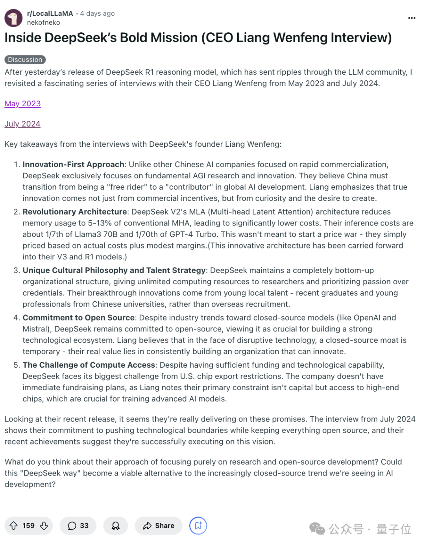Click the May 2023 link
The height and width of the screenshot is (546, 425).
point(23,104)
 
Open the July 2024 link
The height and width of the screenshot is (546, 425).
point(22,124)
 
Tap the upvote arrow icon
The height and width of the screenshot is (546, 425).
point(13,526)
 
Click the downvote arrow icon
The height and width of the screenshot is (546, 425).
point(44,526)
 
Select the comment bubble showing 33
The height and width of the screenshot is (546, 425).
point(78,526)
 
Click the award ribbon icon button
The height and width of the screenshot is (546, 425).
point(116,526)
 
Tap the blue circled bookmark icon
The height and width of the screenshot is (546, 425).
point(198,526)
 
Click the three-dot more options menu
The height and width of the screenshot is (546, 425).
point(412,18)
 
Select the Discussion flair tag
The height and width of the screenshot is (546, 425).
point(25,59)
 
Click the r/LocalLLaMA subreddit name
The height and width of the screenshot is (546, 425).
point(50,13)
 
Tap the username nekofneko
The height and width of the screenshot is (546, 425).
point(43,22)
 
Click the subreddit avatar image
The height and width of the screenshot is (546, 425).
point(13,18)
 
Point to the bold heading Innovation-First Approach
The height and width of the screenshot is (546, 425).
point(73,165)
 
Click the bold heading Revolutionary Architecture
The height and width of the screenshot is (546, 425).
point(75,212)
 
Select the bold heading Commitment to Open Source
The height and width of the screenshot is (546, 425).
point(79,318)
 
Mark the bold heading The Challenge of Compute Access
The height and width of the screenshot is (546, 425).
point(89,365)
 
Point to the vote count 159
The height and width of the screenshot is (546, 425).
point(29,526)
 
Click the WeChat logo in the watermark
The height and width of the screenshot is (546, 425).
point(317,529)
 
